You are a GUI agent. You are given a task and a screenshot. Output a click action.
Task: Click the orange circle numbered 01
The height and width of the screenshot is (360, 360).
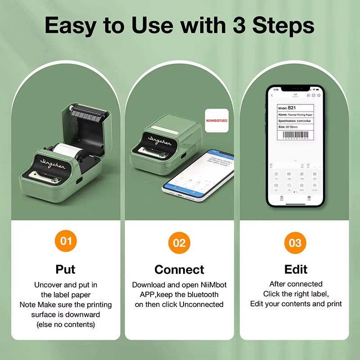pos(66,241)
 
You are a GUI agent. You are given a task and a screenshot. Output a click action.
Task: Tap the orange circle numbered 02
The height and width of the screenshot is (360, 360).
pos(179,243)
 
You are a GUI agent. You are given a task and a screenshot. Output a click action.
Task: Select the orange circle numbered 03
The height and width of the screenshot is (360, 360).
pos(295,243)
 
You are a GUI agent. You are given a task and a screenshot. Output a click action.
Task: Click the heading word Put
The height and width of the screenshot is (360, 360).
pos(66,269)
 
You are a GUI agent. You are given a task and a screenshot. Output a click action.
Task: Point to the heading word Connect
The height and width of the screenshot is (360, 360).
pos(179,270)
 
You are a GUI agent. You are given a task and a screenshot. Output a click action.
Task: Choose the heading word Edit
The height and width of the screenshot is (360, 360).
pos(296,270)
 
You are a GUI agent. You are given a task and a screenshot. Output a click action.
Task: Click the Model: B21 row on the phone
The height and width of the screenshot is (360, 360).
pos(295,108)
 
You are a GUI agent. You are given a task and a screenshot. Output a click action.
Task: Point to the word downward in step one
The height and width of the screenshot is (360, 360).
pos(84,315)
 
